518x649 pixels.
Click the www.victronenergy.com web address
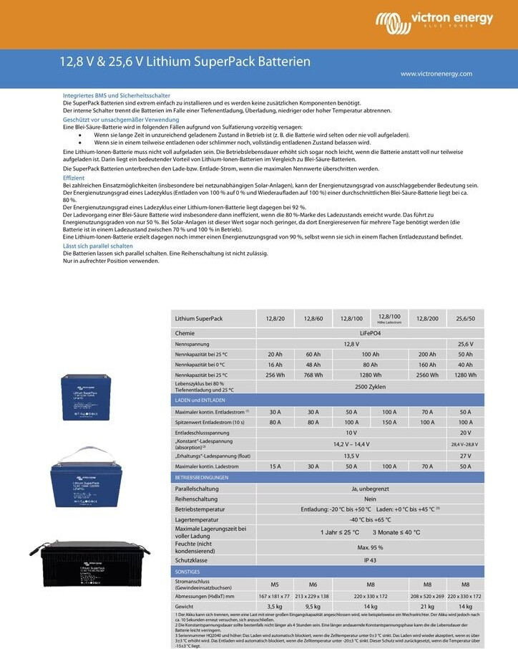(x=436, y=74)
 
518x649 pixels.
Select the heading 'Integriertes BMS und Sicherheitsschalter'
(x=117, y=95)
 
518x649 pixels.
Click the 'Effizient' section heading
(x=74, y=178)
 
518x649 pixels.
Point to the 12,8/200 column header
(x=427, y=318)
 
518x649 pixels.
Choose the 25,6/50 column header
(x=465, y=318)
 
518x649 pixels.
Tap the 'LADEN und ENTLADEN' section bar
(x=200, y=400)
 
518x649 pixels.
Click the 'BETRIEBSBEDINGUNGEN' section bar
(x=202, y=476)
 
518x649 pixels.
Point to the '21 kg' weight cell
(x=427, y=606)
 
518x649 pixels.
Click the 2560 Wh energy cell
(x=427, y=375)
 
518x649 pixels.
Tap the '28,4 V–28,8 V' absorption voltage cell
(x=465, y=444)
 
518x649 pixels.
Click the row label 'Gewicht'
(x=186, y=606)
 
